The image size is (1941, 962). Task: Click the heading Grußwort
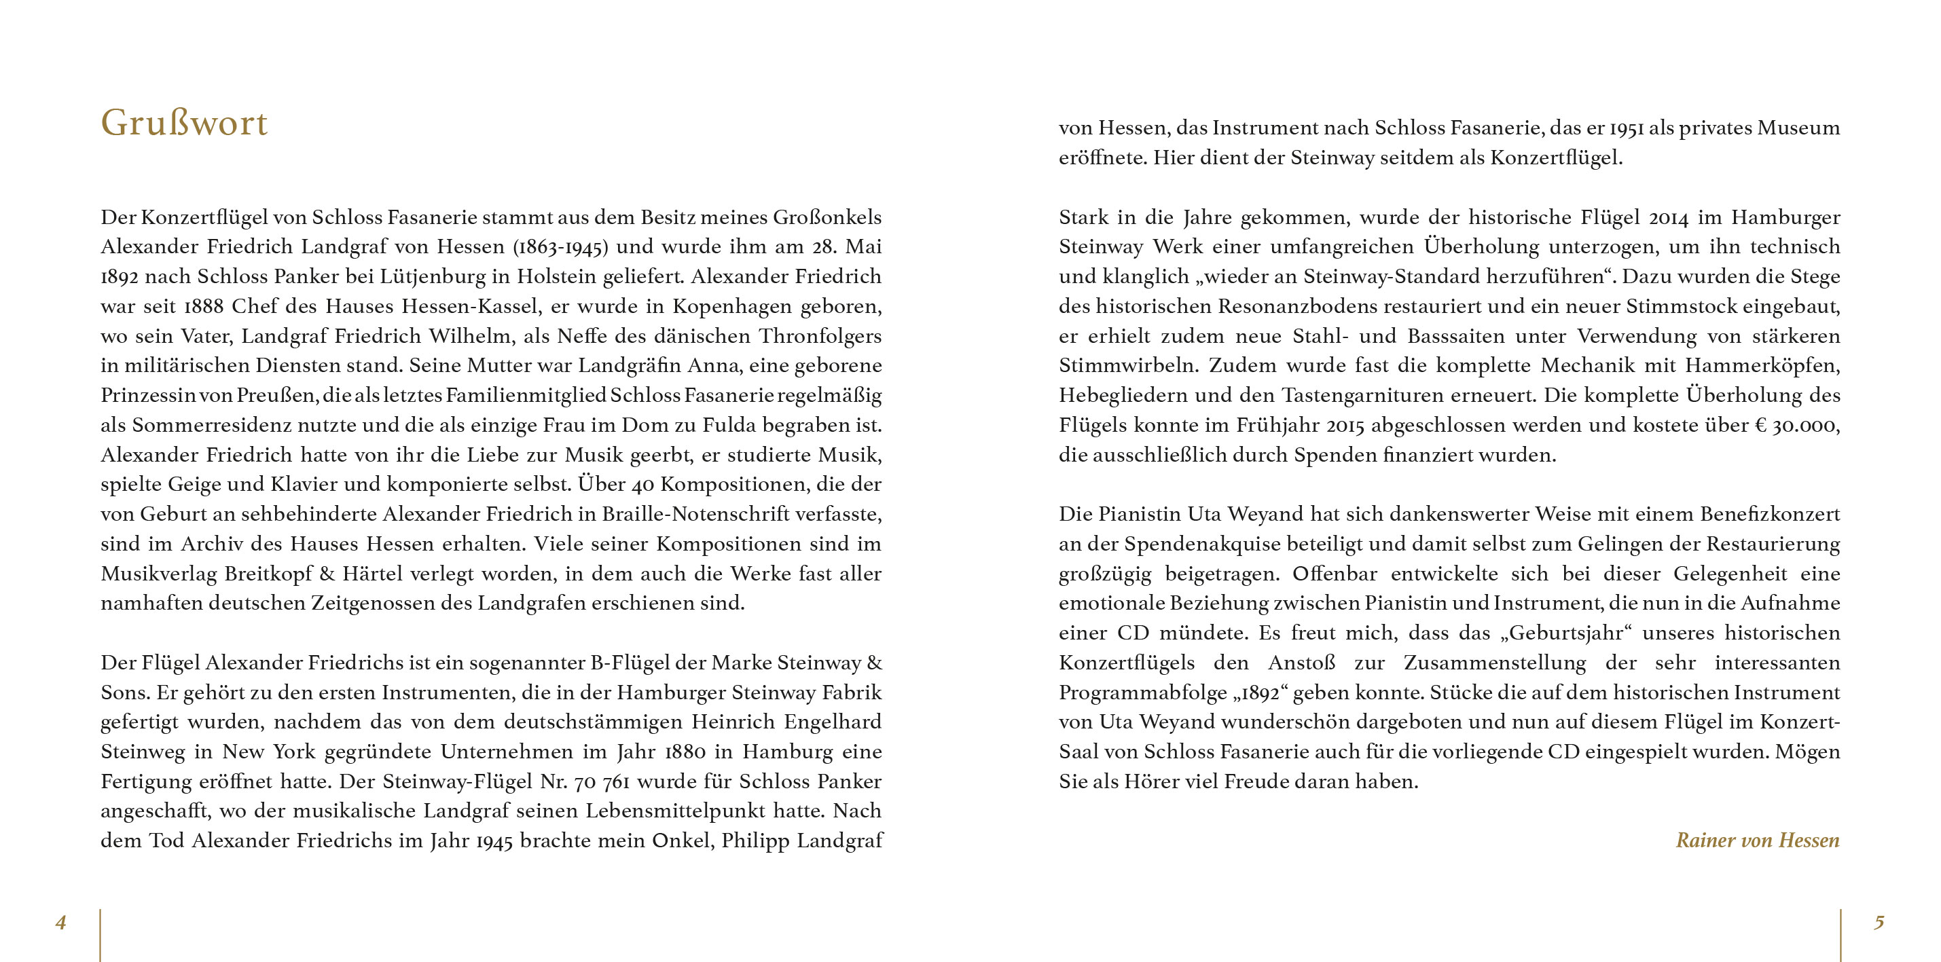(x=184, y=123)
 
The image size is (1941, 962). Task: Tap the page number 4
(x=61, y=922)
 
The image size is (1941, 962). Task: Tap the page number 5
(x=1879, y=922)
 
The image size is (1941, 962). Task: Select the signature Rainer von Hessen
(x=1757, y=840)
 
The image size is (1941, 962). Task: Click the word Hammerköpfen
(x=1762, y=365)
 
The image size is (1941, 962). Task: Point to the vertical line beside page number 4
(x=101, y=934)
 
